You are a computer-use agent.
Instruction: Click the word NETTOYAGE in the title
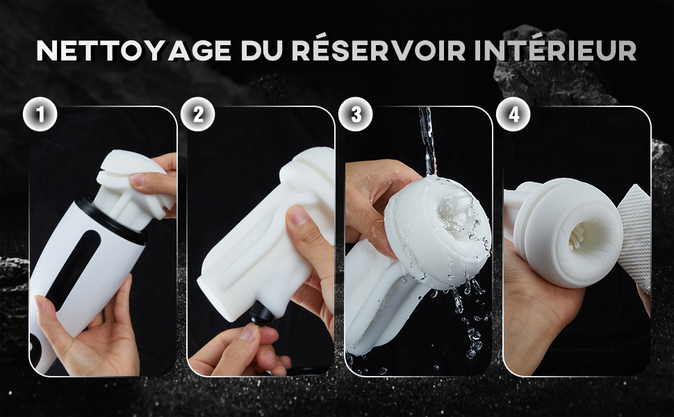tap(133, 51)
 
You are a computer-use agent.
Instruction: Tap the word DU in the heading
tap(261, 51)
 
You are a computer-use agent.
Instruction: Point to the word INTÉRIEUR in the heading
tap(555, 50)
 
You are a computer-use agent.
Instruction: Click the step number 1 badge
tap(40, 114)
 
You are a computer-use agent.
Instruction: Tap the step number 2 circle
tap(198, 114)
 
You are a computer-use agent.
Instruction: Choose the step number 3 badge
tap(356, 114)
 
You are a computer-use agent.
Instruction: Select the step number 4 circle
tap(513, 114)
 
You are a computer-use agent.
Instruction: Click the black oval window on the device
tap(73, 269)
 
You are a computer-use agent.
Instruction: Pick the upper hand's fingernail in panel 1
tap(137, 180)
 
